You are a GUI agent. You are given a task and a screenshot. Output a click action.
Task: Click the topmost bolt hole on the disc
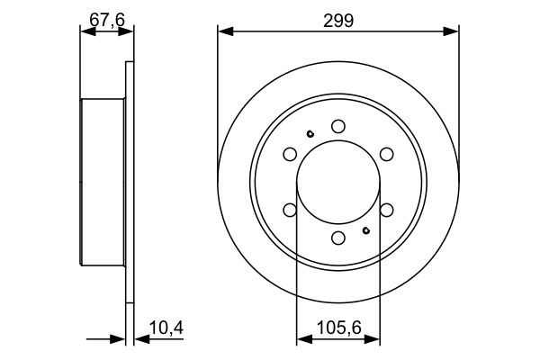pyautogui.click(x=338, y=126)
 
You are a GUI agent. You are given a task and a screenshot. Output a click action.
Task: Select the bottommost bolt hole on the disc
pyautogui.click(x=338, y=238)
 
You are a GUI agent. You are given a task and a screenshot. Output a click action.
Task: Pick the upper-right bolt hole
pyautogui.click(x=387, y=154)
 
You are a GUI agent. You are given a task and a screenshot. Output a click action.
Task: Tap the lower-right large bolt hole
pyautogui.click(x=387, y=210)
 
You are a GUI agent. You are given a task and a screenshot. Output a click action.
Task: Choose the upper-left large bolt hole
pyautogui.click(x=290, y=154)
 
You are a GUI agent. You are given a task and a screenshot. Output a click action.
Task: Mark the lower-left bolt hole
pyautogui.click(x=290, y=210)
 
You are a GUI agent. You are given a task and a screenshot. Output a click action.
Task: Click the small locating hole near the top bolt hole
pyautogui.click(x=310, y=135)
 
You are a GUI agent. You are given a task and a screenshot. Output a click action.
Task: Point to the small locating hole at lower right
pyautogui.click(x=366, y=229)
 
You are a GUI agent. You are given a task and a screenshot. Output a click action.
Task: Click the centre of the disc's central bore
pyautogui.click(x=338, y=182)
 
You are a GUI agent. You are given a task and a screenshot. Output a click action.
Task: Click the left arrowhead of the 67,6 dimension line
pyautogui.click(x=86, y=32)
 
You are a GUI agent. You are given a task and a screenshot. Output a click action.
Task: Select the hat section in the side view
pyautogui.click(x=103, y=182)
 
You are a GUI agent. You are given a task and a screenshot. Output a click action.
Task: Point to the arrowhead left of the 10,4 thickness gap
pyautogui.click(x=119, y=340)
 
